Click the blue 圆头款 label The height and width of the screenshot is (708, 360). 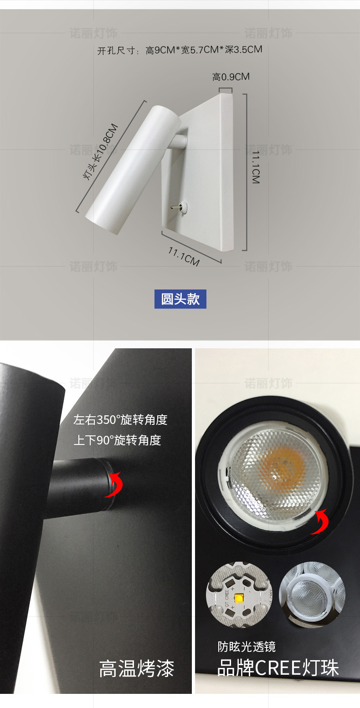coord(180,299)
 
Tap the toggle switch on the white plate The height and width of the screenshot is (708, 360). coord(176,207)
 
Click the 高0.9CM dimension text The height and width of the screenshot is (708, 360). coord(231,77)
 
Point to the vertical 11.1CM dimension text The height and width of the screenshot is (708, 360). coord(256,166)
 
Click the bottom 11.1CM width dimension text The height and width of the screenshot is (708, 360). coord(184,256)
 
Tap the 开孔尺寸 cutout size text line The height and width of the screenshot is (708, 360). coord(180,50)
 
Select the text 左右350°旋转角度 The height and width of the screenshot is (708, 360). coord(120,419)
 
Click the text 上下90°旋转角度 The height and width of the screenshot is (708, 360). coord(117,440)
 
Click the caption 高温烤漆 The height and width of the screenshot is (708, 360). coord(137,669)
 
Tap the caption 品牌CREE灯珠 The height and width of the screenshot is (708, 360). coord(278,668)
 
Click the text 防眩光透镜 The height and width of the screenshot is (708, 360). coord(247,646)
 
